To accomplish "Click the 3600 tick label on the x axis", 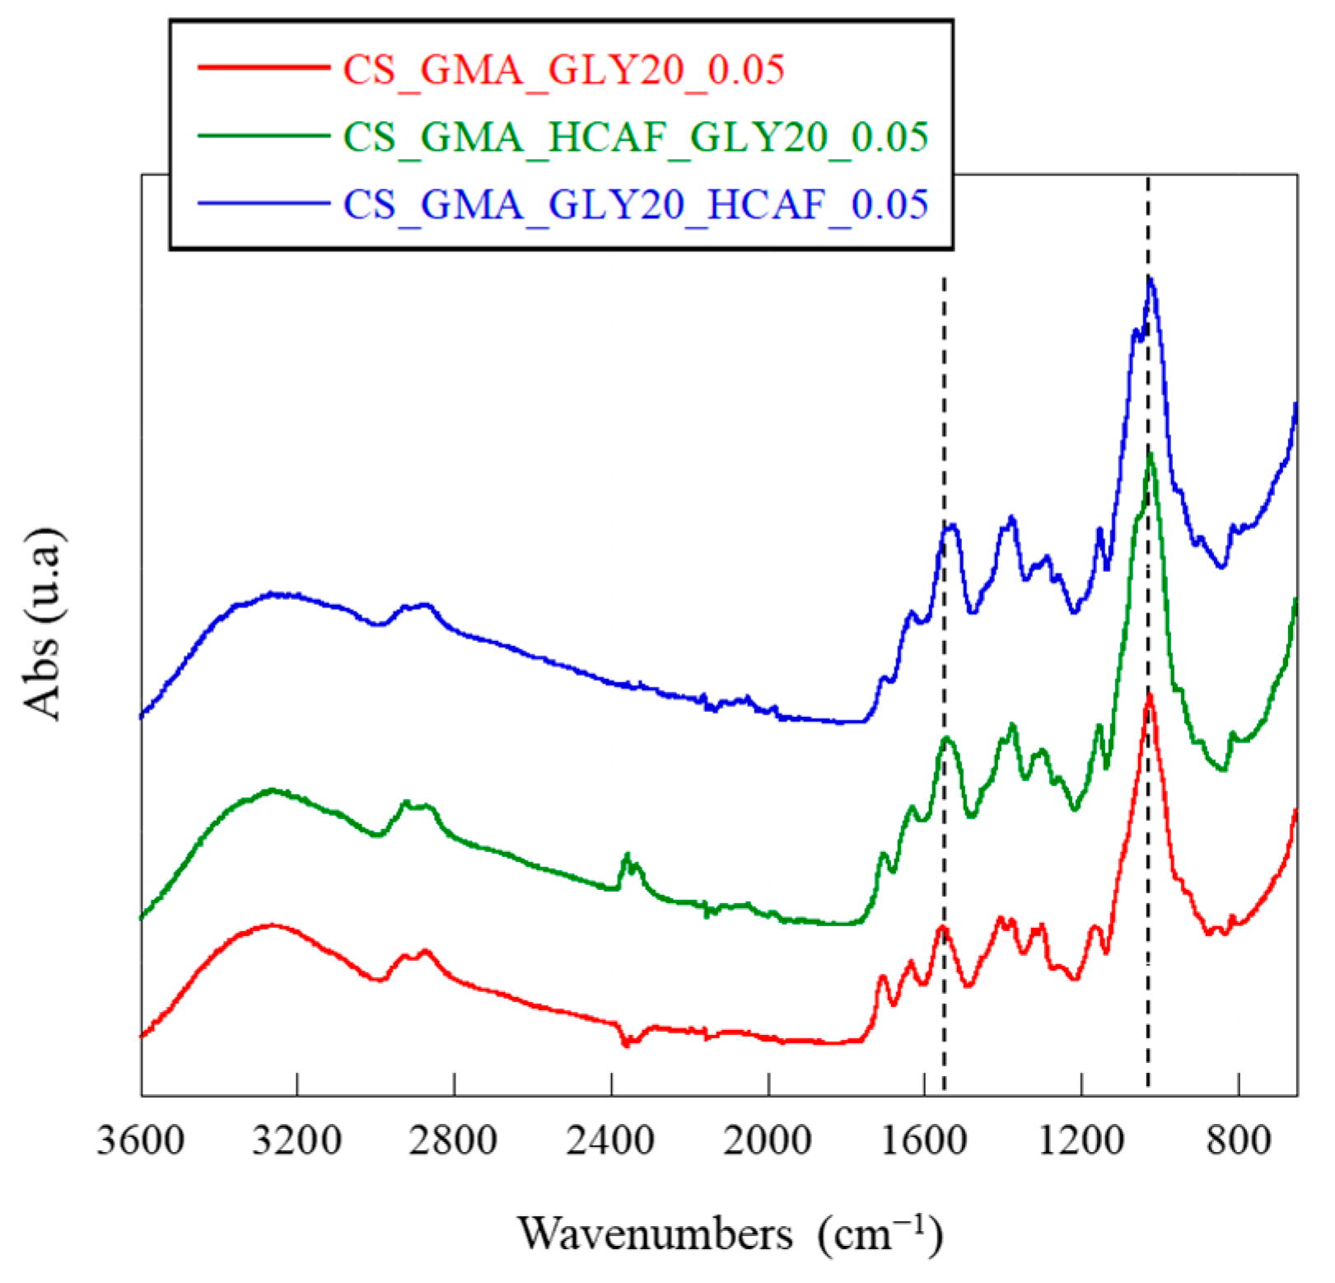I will pos(141,1141).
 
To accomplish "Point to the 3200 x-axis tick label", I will pos(297,1141).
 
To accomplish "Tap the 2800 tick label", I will pos(454,1141).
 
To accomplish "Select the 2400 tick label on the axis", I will pos(611,1141).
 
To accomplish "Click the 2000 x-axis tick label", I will pos(768,1141).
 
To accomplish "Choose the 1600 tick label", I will pos(924,1141).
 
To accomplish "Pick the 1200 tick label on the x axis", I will pos(1081,1141).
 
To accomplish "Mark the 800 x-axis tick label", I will pos(1239,1141).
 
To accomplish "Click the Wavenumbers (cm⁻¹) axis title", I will pos(730,1234).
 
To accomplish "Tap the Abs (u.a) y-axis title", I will pos(43,624).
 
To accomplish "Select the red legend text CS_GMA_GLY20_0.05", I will pos(563,69).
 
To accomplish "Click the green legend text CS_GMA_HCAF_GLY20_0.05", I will pos(635,137).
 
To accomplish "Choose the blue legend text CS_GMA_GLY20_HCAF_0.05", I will pos(635,204).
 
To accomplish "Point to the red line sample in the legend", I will pos(264,67).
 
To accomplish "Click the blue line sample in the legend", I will pos(264,203).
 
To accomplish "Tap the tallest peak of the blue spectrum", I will pos(1151,281).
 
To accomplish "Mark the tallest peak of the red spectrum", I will pos(1149,697).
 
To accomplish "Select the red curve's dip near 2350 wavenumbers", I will pos(626,1043).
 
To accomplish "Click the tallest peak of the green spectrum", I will pos(1151,456).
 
